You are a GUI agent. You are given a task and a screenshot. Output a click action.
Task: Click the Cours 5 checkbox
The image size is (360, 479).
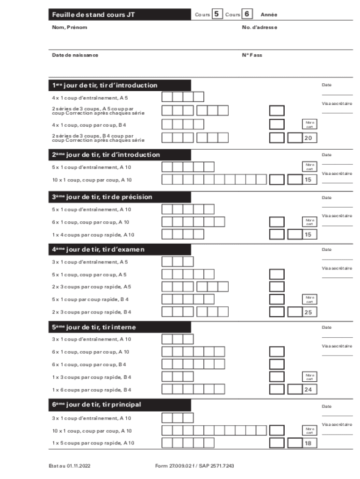tap(217, 15)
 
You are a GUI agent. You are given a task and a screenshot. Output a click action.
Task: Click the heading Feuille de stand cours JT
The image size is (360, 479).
tap(94, 15)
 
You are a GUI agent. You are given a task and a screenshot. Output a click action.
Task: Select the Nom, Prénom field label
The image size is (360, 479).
tap(69, 28)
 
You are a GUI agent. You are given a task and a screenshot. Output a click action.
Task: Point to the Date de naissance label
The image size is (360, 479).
tap(75, 55)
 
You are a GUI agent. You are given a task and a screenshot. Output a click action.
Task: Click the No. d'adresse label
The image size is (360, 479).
tap(259, 28)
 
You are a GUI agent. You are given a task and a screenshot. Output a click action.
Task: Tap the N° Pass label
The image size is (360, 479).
tap(252, 55)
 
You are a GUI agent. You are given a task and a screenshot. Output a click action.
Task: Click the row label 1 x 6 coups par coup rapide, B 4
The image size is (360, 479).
tap(92, 390)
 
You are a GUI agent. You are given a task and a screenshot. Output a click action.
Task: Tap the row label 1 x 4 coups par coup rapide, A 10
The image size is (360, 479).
tap(93, 235)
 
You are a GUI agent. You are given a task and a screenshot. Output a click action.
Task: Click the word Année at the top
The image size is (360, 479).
tap(269, 15)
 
